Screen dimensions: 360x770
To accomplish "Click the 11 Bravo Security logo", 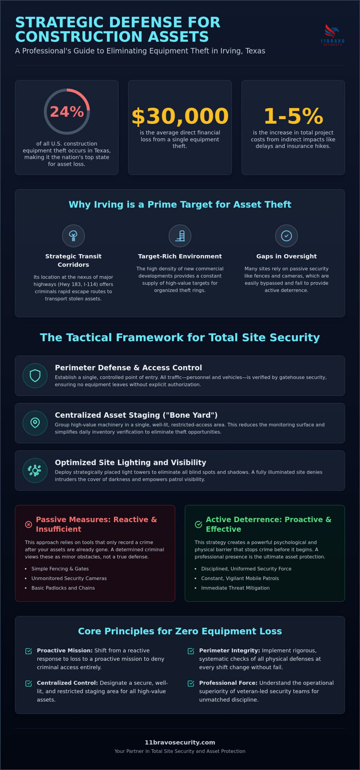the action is pyautogui.click(x=332, y=35).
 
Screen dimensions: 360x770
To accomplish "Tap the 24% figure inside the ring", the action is pyautogui.click(x=67, y=112).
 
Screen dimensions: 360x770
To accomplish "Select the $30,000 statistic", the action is pyautogui.click(x=180, y=116).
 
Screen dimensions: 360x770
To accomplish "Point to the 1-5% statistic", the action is pyautogui.click(x=293, y=116).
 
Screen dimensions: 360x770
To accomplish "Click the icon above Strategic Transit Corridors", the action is pyautogui.click(x=73, y=236).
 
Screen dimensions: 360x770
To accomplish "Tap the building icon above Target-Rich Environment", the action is pyautogui.click(x=180, y=236).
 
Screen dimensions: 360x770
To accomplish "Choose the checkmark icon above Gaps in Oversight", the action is pyautogui.click(x=286, y=236).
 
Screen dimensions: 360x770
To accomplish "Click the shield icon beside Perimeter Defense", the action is pyautogui.click(x=35, y=376).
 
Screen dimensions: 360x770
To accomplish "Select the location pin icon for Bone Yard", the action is pyautogui.click(x=35, y=423).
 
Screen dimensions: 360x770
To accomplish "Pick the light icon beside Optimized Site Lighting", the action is pyautogui.click(x=35, y=470).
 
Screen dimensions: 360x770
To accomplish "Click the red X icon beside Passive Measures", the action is pyautogui.click(x=29, y=525).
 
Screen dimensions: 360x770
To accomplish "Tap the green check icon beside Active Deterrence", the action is pyautogui.click(x=198, y=525).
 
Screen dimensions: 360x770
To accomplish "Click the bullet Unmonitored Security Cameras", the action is pyautogui.click(x=69, y=578).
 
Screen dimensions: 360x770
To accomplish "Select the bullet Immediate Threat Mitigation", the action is pyautogui.click(x=235, y=588).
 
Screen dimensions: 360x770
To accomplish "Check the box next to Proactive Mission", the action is pyautogui.click(x=29, y=651).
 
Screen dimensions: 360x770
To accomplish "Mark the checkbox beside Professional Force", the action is pyautogui.click(x=191, y=684).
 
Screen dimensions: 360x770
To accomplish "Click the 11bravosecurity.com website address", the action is pyautogui.click(x=180, y=742).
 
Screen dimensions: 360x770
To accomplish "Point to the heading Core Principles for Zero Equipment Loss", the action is pyautogui.click(x=180, y=631).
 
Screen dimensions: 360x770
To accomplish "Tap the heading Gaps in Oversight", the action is pyautogui.click(x=286, y=256).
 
